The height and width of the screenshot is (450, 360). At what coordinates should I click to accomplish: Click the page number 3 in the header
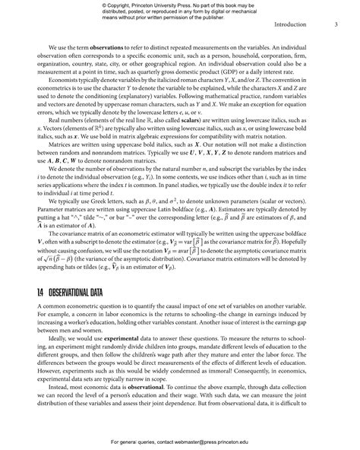[x=336, y=24]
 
